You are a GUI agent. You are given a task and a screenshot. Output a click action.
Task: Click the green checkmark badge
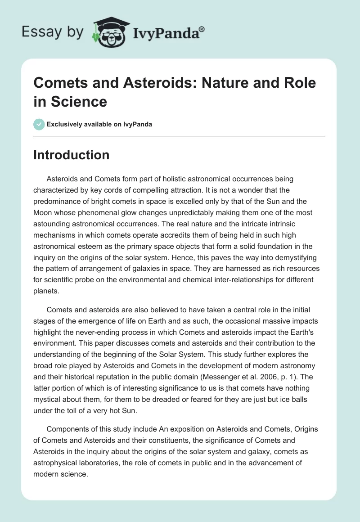(x=39, y=124)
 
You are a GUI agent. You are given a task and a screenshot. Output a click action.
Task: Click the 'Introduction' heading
(x=71, y=155)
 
